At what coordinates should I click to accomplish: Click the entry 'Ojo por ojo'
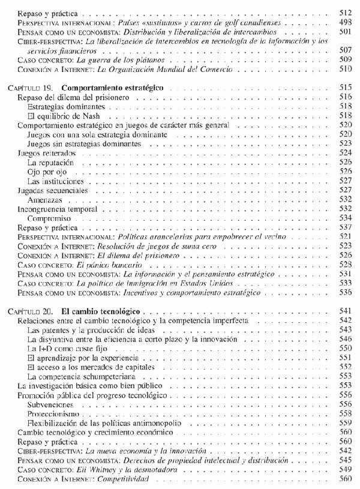click(44, 172)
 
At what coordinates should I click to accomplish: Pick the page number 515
click(344, 88)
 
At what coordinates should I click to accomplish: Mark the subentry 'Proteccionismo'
click(53, 414)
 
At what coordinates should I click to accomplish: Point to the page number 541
click(344, 313)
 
